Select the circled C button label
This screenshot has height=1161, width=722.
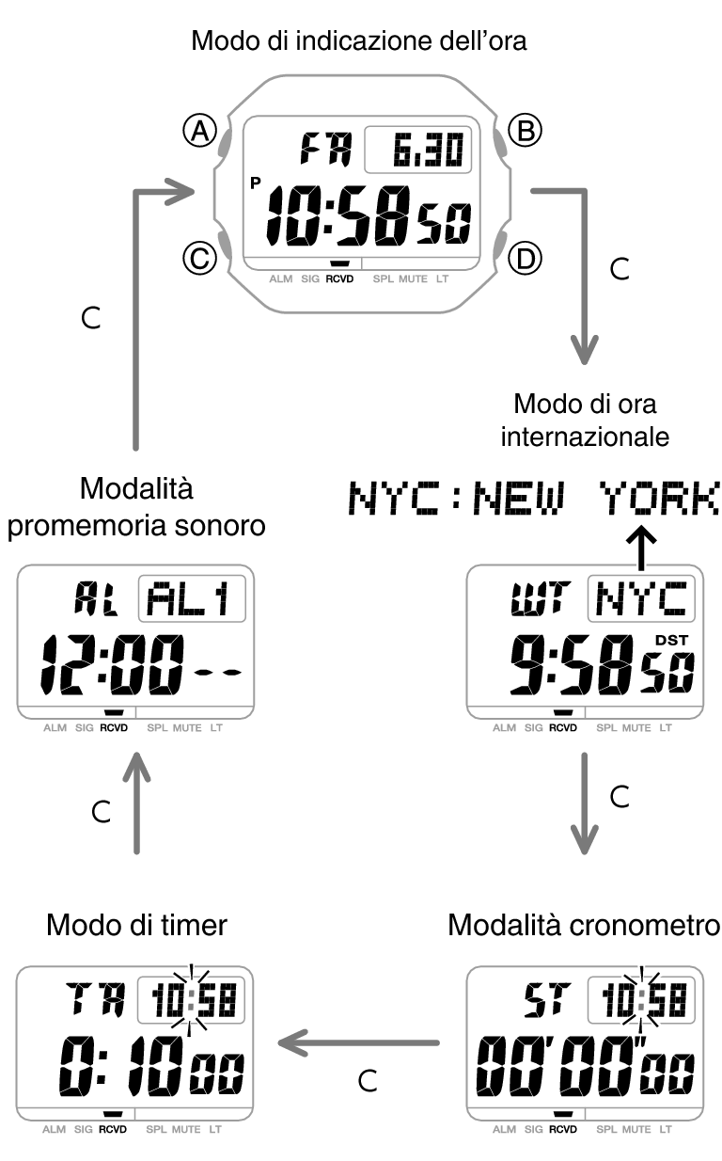click(199, 257)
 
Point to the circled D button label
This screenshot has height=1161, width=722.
click(524, 257)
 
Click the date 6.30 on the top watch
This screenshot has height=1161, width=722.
click(418, 150)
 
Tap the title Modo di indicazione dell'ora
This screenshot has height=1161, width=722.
click(360, 41)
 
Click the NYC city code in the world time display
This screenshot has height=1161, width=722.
click(641, 600)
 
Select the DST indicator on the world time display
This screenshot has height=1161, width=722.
click(672, 641)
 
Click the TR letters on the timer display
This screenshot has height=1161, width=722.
click(90, 1000)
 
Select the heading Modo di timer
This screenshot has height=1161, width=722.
click(136, 925)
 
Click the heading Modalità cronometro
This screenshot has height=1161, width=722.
click(583, 925)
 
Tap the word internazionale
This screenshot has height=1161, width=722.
click(585, 437)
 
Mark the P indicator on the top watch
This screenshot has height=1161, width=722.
click(256, 183)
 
